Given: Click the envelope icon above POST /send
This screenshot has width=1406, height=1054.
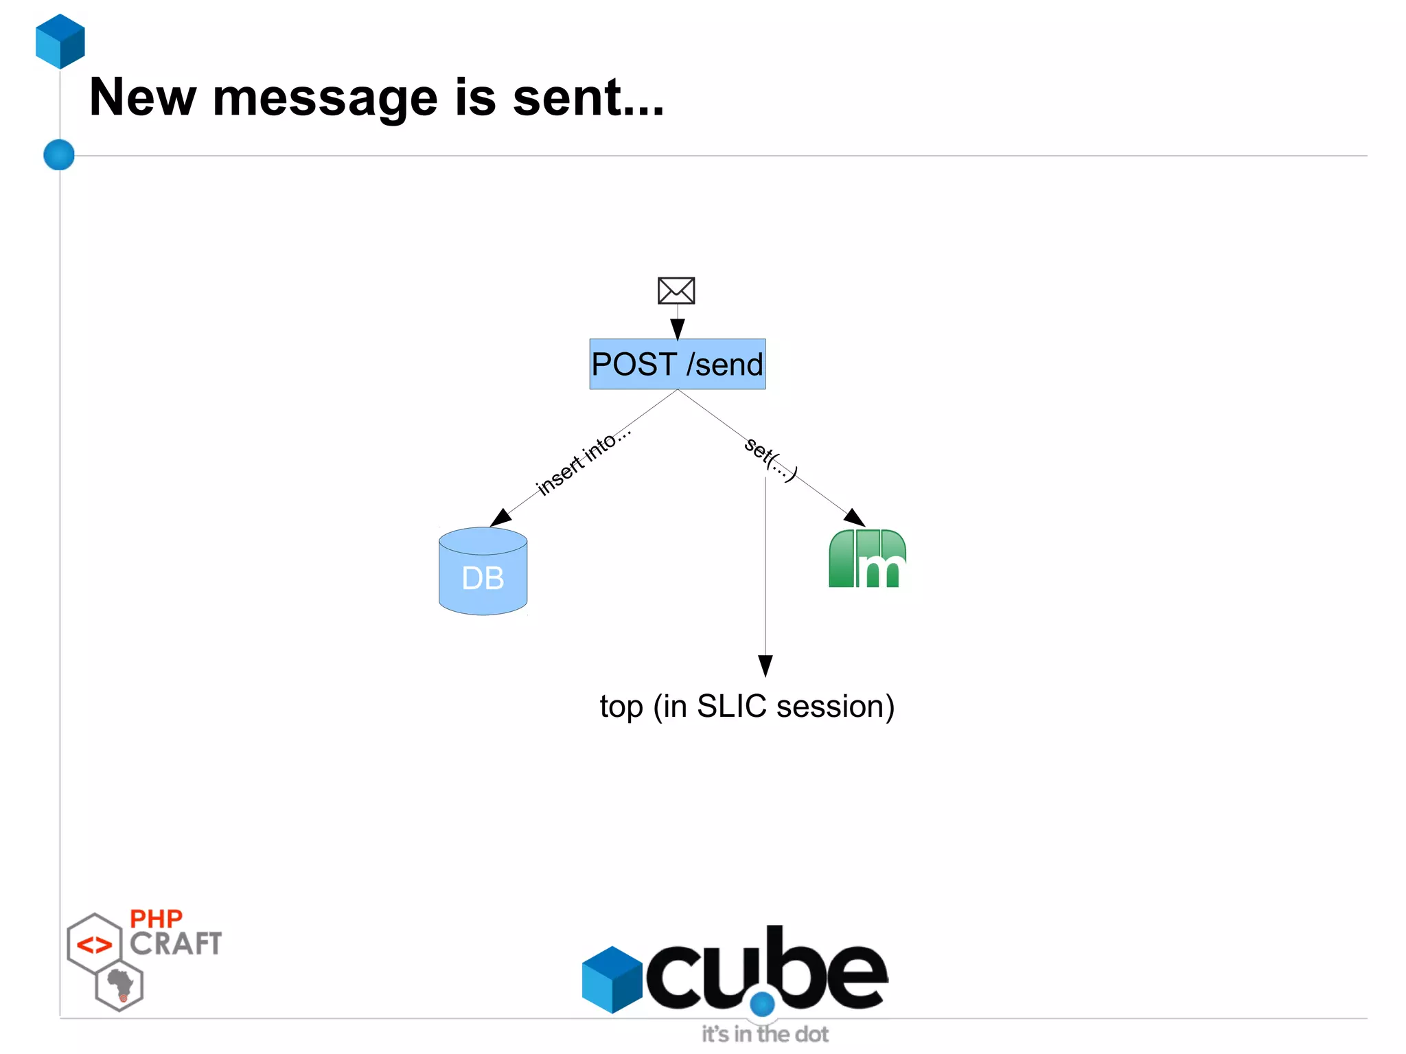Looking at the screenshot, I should [676, 290].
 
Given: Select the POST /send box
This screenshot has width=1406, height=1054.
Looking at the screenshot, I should [677, 364].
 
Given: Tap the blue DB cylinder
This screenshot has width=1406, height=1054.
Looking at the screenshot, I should [483, 571].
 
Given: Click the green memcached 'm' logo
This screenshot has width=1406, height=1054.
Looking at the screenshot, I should [867, 559].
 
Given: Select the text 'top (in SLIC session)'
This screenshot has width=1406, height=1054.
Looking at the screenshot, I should [747, 707].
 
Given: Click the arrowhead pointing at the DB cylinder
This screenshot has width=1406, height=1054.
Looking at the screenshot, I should [501, 517].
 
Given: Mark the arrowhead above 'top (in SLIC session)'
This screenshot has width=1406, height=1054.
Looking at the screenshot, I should [765, 665].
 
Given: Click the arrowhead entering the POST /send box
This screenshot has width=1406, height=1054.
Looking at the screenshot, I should [678, 329].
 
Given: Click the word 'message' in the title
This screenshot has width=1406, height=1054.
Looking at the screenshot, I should [325, 98].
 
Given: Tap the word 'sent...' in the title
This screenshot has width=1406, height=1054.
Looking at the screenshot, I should [588, 98].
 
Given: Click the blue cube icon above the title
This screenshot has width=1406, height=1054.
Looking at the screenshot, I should [60, 41].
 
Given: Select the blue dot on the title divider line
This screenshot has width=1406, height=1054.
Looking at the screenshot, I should [59, 154].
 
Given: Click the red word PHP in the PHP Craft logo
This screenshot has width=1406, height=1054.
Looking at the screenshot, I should [156, 919].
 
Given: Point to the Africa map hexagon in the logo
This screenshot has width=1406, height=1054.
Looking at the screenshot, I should [120, 986].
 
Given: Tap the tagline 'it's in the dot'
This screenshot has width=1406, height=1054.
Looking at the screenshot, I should [765, 1034].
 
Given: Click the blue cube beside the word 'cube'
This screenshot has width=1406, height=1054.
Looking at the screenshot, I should [612, 979].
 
